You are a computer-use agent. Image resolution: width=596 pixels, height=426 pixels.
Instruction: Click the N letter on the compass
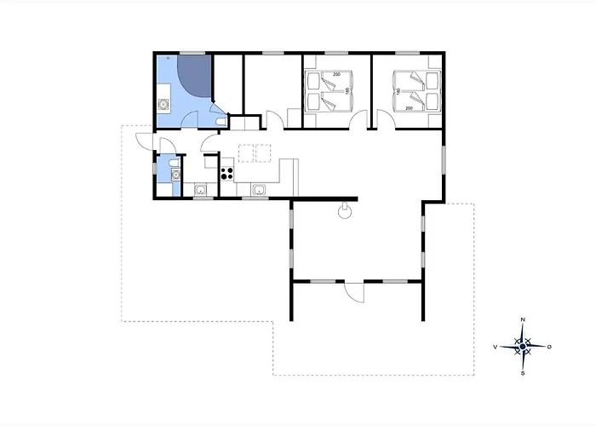click(523, 319)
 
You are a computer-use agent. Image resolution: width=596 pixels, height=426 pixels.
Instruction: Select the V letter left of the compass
click(495, 347)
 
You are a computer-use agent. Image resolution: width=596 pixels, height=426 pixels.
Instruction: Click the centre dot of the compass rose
click(523, 346)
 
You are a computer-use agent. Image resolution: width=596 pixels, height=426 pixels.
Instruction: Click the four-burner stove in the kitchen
click(227, 171)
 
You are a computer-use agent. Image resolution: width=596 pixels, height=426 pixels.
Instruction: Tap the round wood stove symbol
click(346, 212)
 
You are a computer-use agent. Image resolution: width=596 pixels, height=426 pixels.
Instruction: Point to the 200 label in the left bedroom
click(335, 75)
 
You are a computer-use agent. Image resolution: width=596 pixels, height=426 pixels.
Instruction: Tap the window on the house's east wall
click(444, 159)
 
